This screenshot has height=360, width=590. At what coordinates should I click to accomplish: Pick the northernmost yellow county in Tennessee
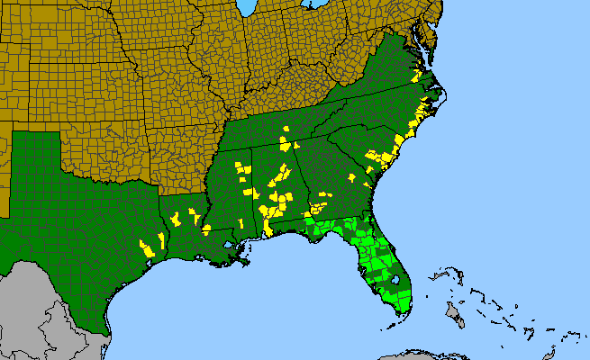coord(286,130)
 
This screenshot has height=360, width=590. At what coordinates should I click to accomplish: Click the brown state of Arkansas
coord(180,157)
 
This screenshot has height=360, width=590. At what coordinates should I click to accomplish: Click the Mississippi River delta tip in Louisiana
coord(246,263)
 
